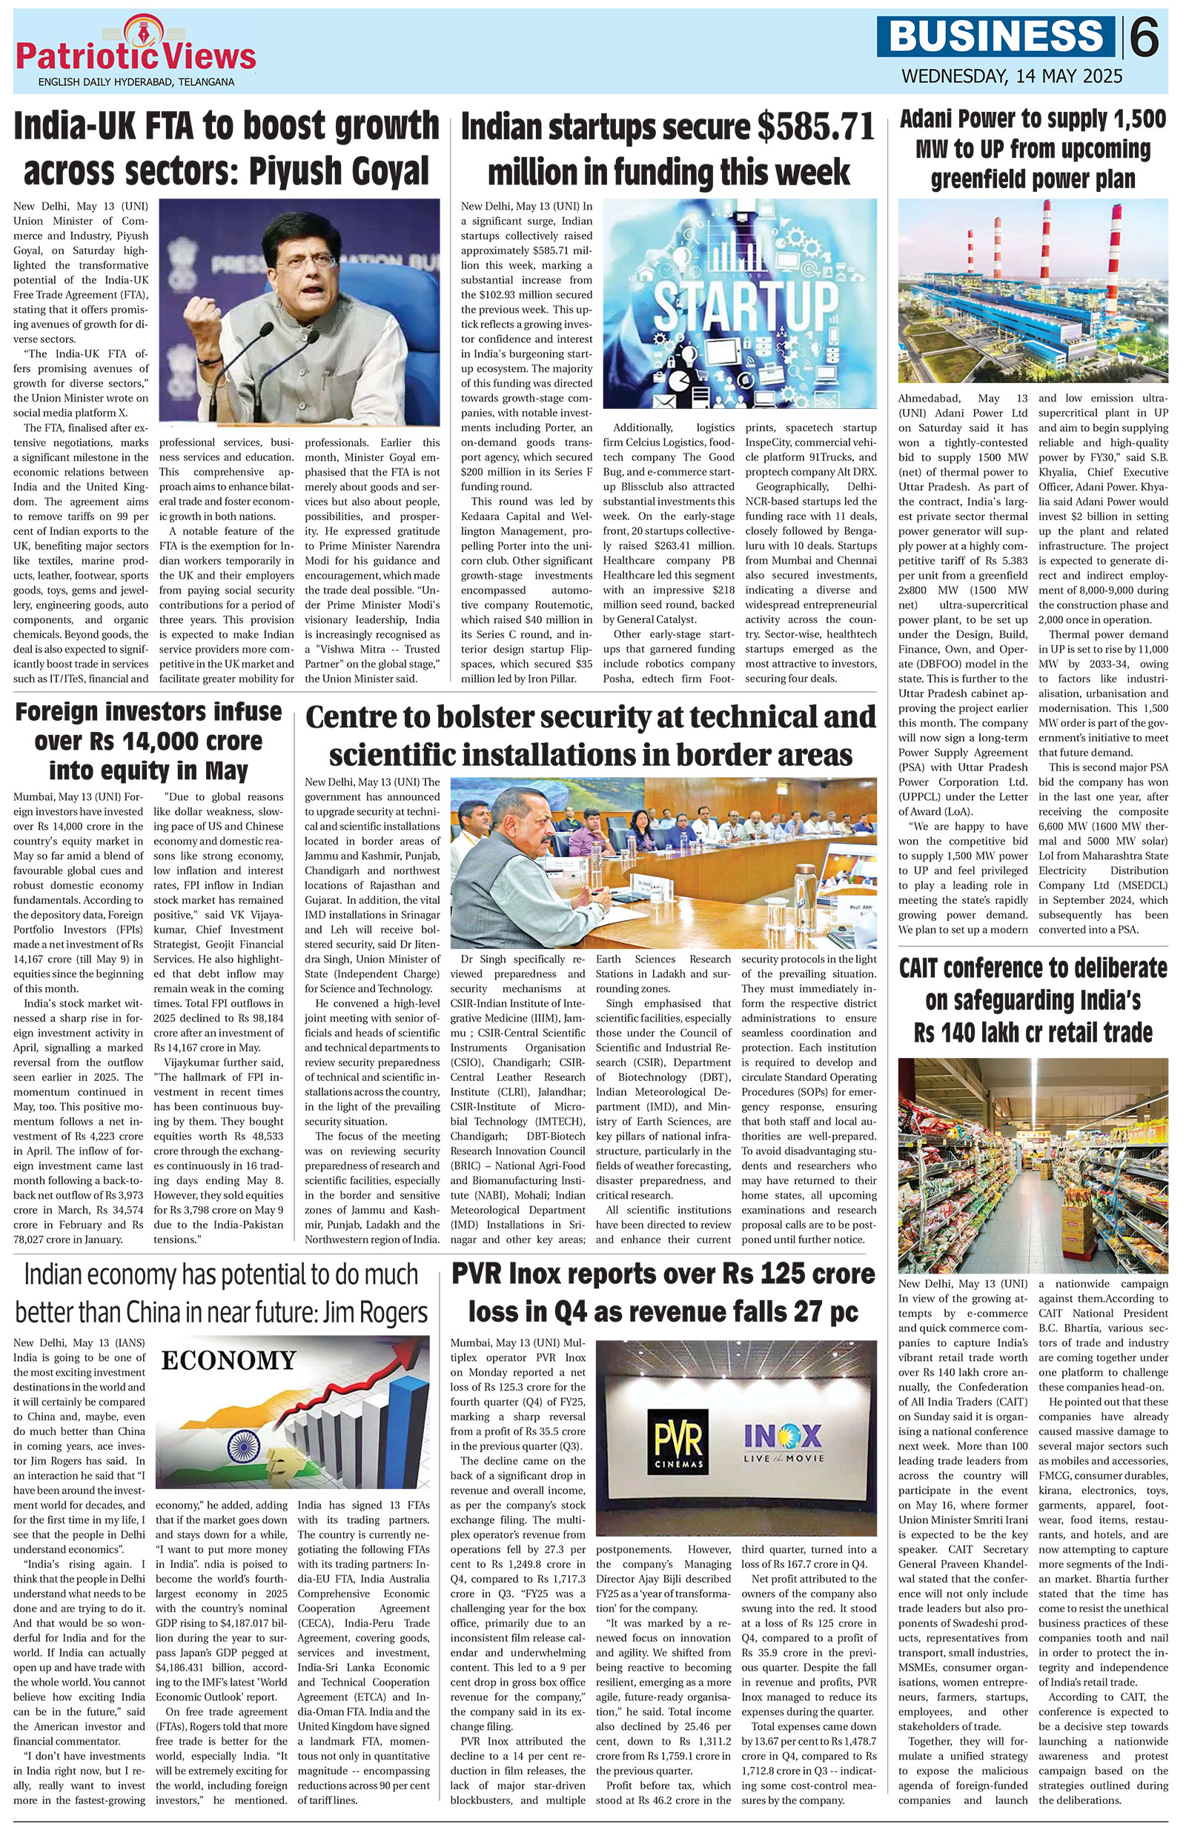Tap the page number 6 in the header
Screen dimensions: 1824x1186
pos(1144,38)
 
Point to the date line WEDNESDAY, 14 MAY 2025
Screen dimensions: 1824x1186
pos(1012,76)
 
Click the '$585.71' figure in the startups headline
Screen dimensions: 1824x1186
pos(815,128)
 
